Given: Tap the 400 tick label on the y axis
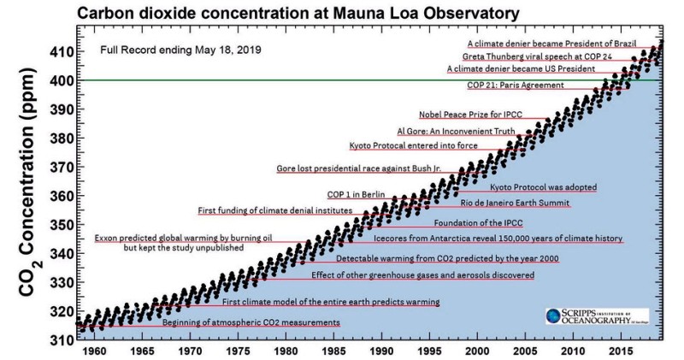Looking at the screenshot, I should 61,80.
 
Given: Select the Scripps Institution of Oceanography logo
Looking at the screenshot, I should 596,316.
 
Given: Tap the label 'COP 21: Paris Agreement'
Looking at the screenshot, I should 515,85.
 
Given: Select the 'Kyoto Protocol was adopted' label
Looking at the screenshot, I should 543,187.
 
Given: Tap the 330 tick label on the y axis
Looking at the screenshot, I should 61,282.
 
